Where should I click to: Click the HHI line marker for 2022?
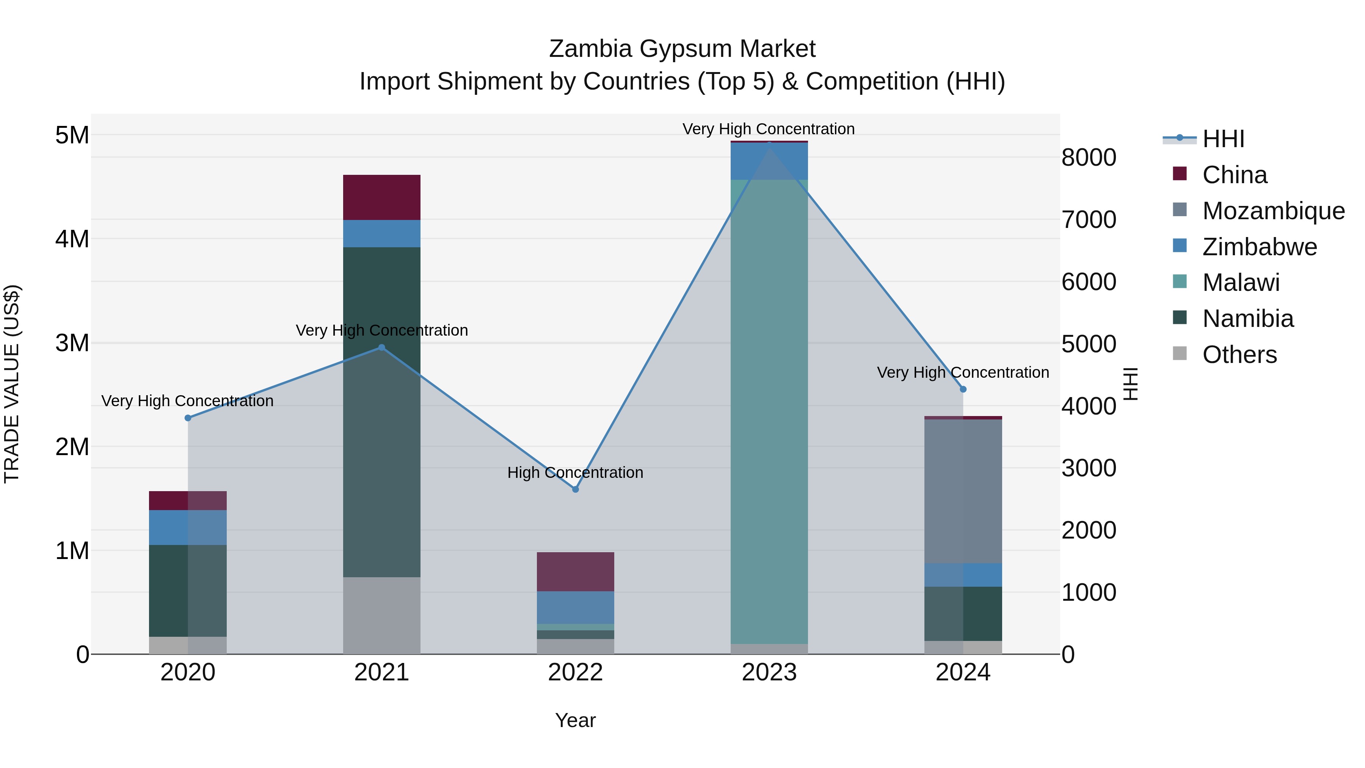[x=576, y=489]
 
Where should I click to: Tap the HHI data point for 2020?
[x=188, y=418]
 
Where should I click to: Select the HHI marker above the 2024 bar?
[x=963, y=389]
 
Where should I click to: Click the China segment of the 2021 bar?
[x=381, y=197]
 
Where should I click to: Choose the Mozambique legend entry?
[x=1273, y=211]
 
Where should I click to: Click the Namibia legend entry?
[x=1247, y=319]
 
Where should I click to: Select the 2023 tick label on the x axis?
[x=769, y=672]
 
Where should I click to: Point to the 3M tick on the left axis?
[x=72, y=343]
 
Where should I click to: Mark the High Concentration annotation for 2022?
[x=576, y=472]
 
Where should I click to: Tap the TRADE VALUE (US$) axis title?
[x=12, y=384]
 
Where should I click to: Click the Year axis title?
[x=576, y=720]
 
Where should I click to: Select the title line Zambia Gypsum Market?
[x=682, y=49]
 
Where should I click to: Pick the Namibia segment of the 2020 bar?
[x=188, y=591]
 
